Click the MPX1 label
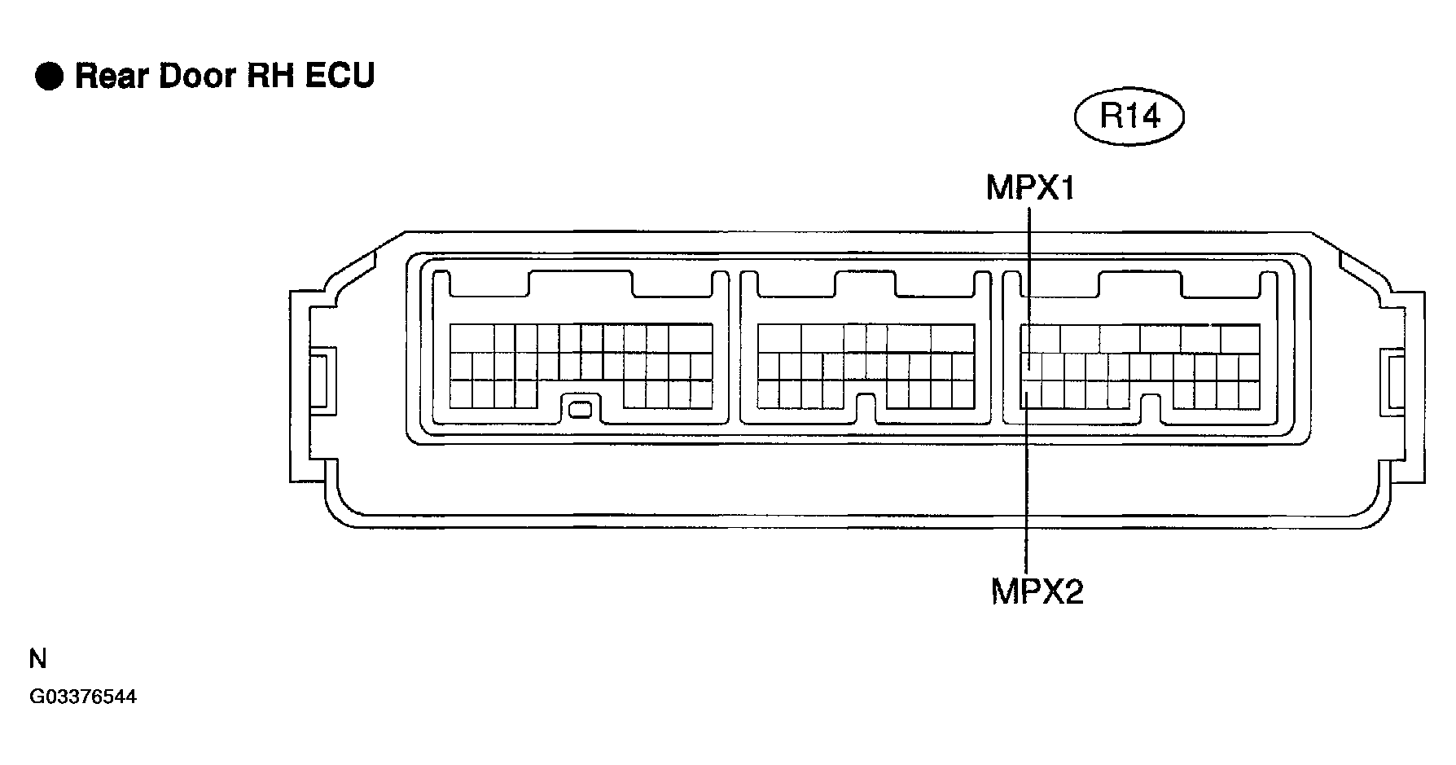1030,188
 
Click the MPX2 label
1037,591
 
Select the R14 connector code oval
1129,117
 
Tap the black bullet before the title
49,77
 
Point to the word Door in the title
197,76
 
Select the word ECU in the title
341,76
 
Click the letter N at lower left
37,659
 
